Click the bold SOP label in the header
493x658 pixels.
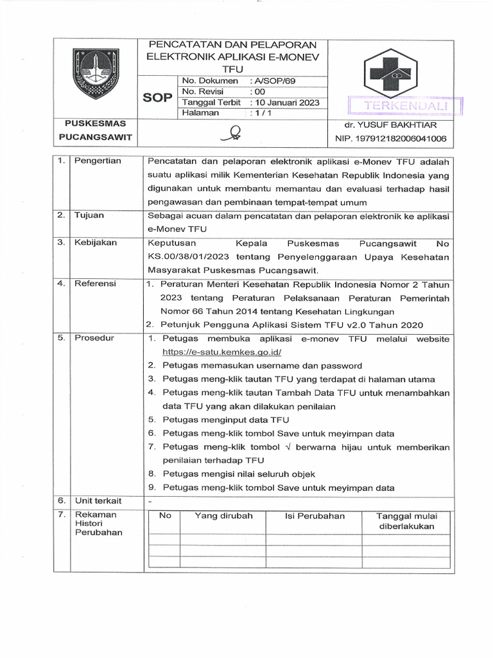tap(158, 97)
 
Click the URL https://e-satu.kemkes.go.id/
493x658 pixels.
tap(222, 352)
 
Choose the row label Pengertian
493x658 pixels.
tap(98, 161)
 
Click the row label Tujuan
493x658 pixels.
tap(89, 215)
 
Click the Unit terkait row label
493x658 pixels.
tap(98, 501)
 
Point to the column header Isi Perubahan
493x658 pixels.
tap(315, 516)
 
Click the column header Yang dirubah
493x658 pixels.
tap(223, 516)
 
